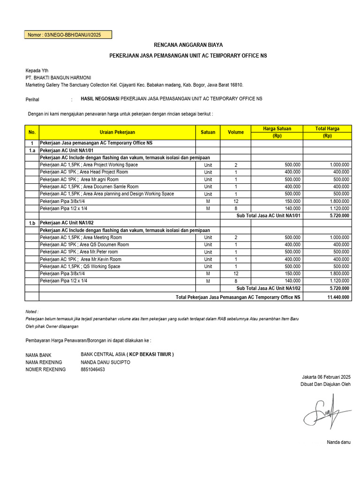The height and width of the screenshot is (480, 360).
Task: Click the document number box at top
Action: pos(68,35)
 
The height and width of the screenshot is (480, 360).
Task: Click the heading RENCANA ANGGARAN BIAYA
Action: pos(188,45)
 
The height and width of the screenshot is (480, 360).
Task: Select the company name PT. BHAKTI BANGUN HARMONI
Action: pos(58,77)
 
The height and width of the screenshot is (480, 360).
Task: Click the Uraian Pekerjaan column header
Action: pos(117,132)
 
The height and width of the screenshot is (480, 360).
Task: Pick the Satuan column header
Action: pos(208,132)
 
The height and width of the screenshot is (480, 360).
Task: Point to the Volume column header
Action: pos(236,132)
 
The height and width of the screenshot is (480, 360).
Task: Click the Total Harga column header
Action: pos(327,128)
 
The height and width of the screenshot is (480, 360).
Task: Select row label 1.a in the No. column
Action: pos(32,150)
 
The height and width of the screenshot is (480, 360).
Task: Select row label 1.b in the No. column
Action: pos(32,223)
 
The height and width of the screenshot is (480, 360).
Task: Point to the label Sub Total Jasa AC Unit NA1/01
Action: pos(268,216)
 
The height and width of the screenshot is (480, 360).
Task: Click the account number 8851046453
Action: pos(93,369)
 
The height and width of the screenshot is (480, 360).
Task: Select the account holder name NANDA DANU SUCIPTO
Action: pos(105,362)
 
